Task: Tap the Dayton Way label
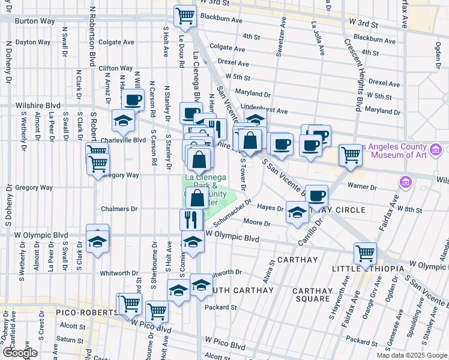click(x=34, y=43)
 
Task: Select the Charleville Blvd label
click(x=123, y=140)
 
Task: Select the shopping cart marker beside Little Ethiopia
click(x=365, y=253)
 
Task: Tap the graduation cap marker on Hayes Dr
click(x=297, y=212)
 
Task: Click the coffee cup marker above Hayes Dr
click(x=317, y=194)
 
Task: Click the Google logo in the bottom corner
click(x=20, y=353)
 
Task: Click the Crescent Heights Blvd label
click(x=353, y=75)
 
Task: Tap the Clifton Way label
click(x=115, y=68)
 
